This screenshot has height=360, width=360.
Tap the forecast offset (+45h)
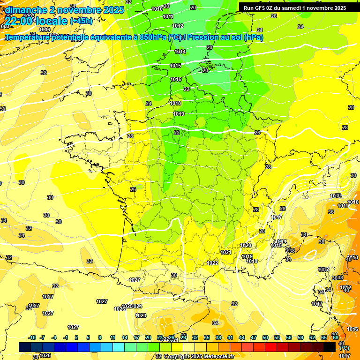click(x=81, y=21)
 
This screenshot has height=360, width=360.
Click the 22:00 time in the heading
click(x=19, y=21)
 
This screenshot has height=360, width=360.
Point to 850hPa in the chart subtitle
click(x=153, y=37)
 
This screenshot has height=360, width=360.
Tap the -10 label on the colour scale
click(x=32, y=338)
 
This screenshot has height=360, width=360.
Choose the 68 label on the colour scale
click(x=336, y=338)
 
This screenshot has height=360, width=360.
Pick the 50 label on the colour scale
click(x=265, y=338)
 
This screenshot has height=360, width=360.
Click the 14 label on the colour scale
click(x=125, y=338)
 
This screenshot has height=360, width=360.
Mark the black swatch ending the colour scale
click(x=330, y=347)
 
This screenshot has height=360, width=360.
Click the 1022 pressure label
click(x=213, y=263)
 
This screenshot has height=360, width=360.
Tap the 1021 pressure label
click(x=226, y=252)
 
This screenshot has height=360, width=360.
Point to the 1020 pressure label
click(x=246, y=245)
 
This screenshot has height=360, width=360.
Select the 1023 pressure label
click(x=141, y=315)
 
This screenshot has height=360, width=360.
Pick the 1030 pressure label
click(x=335, y=196)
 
